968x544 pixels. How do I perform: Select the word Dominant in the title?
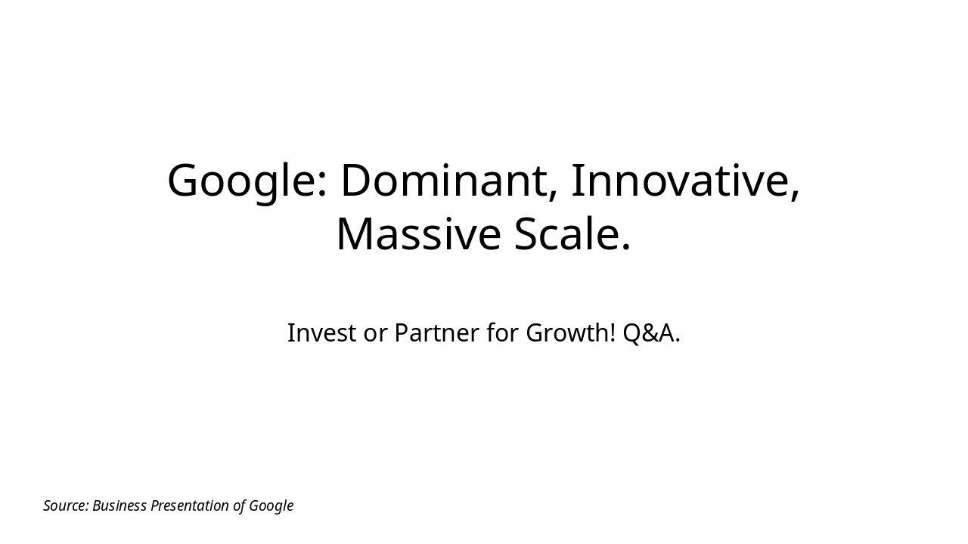443,181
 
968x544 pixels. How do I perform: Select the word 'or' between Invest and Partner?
374,334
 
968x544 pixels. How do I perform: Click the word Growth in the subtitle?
566,332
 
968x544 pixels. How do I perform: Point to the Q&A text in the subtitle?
649,332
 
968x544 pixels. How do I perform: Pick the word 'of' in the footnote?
239,505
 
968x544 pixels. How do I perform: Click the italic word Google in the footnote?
271,506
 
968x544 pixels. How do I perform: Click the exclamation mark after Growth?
613,332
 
